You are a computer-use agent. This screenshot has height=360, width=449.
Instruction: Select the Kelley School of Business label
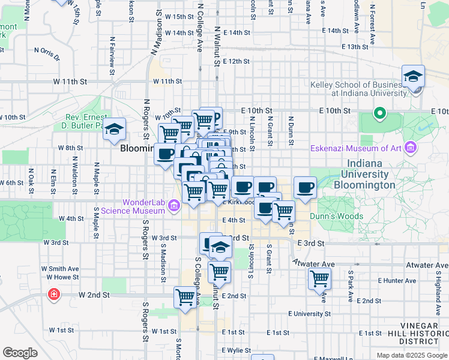[x=358, y=89]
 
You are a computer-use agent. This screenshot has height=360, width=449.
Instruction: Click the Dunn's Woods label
[x=336, y=216]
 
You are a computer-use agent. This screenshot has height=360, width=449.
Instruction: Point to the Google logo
[x=20, y=353]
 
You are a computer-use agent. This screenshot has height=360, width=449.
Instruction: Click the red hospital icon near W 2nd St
[x=54, y=295]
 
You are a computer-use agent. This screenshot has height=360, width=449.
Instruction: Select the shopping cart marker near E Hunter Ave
[x=319, y=278]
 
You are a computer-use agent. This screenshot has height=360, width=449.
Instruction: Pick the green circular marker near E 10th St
[x=379, y=113]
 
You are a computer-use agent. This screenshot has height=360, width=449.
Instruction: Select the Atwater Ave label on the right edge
[x=427, y=265]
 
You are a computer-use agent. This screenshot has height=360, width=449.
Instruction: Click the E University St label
[x=309, y=314]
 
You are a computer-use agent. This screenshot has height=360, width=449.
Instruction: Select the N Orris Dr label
[x=46, y=53]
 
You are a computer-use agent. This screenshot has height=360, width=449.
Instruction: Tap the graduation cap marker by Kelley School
[x=414, y=77]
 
